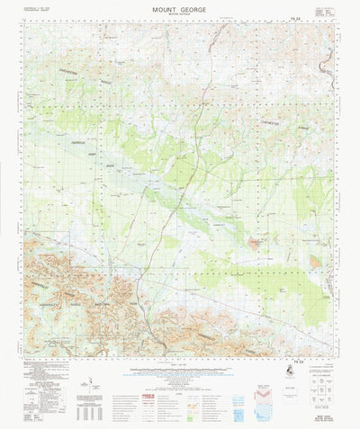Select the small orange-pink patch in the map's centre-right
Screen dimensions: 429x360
pyautogui.click(x=256, y=240)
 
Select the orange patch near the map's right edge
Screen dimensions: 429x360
pyautogui.click(x=315, y=260)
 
